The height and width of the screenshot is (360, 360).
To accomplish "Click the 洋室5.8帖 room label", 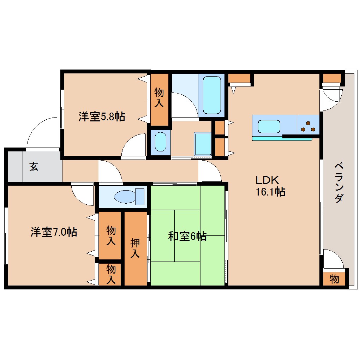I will tap(102, 117).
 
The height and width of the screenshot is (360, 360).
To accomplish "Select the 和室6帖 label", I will tap(187, 236).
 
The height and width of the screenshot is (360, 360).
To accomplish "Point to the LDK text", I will tap(268, 180).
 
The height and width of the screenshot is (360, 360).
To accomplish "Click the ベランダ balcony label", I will tap(338, 182).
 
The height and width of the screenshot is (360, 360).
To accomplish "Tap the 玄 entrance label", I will tap(34, 167).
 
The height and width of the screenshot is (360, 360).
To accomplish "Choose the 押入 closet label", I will tap(135, 248).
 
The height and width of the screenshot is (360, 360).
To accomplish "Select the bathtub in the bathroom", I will tap(212, 95).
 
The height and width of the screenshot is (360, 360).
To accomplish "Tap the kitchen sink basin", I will tap(269, 126).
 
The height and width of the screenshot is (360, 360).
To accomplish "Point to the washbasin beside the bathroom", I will tap(161, 142).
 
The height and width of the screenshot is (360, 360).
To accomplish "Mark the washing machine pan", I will tap(203, 144).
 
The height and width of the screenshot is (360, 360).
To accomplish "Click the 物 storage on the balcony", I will tap(334, 279).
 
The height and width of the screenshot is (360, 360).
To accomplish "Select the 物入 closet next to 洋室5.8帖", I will tap(160, 98).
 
